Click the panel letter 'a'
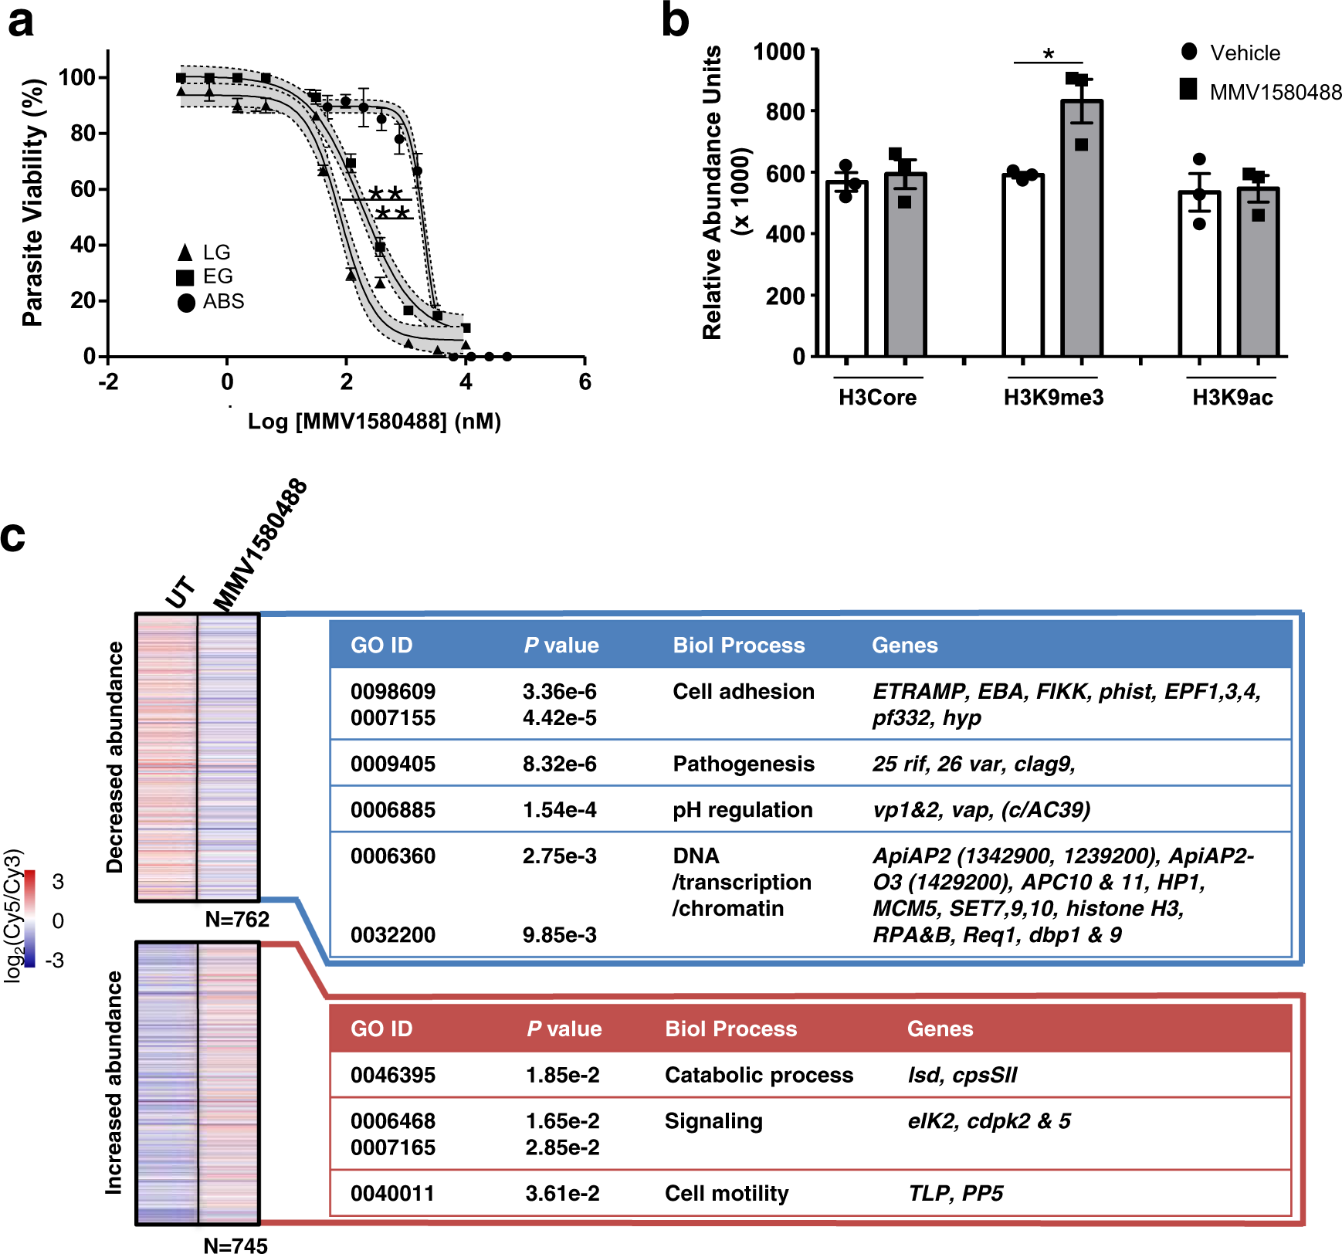[21, 22]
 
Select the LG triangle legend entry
[205, 252]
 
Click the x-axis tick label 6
[585, 381]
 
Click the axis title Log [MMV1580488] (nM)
[374, 422]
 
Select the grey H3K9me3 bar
[1081, 232]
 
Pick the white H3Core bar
[846, 270]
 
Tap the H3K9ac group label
[1232, 398]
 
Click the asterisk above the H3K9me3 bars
[1048, 54]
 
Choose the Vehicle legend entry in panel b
[1231, 53]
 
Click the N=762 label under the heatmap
[237, 919]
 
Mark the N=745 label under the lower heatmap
[236, 1245]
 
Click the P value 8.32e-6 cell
[559, 764]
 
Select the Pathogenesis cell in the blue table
[743, 764]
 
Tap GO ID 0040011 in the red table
[392, 1194]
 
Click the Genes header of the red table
[940, 1029]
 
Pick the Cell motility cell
[727, 1194]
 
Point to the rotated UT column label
[180, 592]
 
